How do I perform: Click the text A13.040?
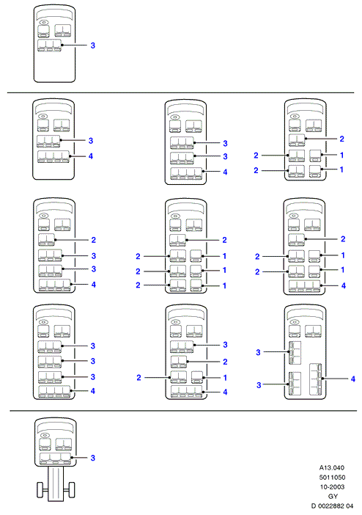tap(332, 468)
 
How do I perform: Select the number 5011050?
tap(332, 478)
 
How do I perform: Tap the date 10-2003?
tap(332, 486)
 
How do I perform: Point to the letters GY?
tap(333, 496)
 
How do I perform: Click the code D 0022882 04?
tap(332, 505)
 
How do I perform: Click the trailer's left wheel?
tap(41, 490)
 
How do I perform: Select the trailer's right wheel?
tap(71, 490)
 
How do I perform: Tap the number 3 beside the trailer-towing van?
tap(93, 458)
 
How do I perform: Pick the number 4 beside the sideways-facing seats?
tap(352, 379)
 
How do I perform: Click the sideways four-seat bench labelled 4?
tap(315, 379)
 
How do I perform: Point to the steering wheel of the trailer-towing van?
tap(45, 435)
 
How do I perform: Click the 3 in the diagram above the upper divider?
tap(93, 45)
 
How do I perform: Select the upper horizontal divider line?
tap(181, 93)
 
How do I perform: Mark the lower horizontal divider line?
tap(183, 411)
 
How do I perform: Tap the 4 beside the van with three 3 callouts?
tap(93, 391)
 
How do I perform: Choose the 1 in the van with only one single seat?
tap(225, 378)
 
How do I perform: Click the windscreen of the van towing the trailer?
tap(55, 426)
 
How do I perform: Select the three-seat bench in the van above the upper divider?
tap(50, 45)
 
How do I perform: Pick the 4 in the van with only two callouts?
tap(91, 156)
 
